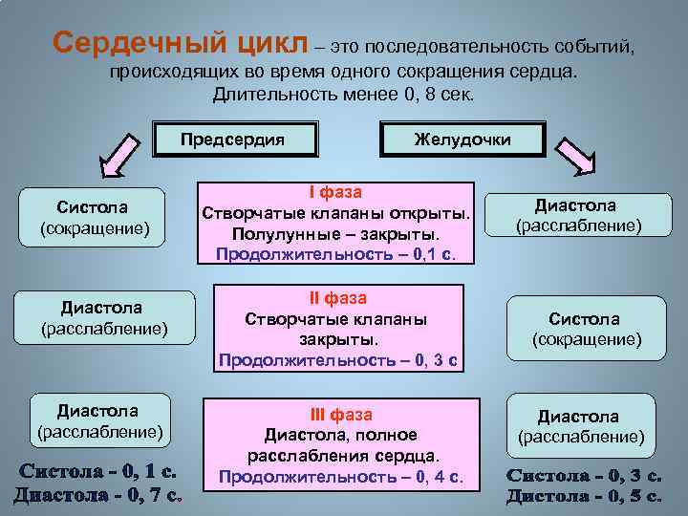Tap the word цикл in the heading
270,43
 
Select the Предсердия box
233,140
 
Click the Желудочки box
462,140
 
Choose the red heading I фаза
334,191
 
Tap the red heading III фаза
341,415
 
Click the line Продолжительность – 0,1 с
335,254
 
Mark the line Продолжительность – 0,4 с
341,476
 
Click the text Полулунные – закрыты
334,233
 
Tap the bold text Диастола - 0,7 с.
99,495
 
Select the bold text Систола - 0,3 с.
584,475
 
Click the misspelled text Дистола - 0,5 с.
584,496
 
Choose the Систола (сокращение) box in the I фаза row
95,217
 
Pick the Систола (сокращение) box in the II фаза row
584,329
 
